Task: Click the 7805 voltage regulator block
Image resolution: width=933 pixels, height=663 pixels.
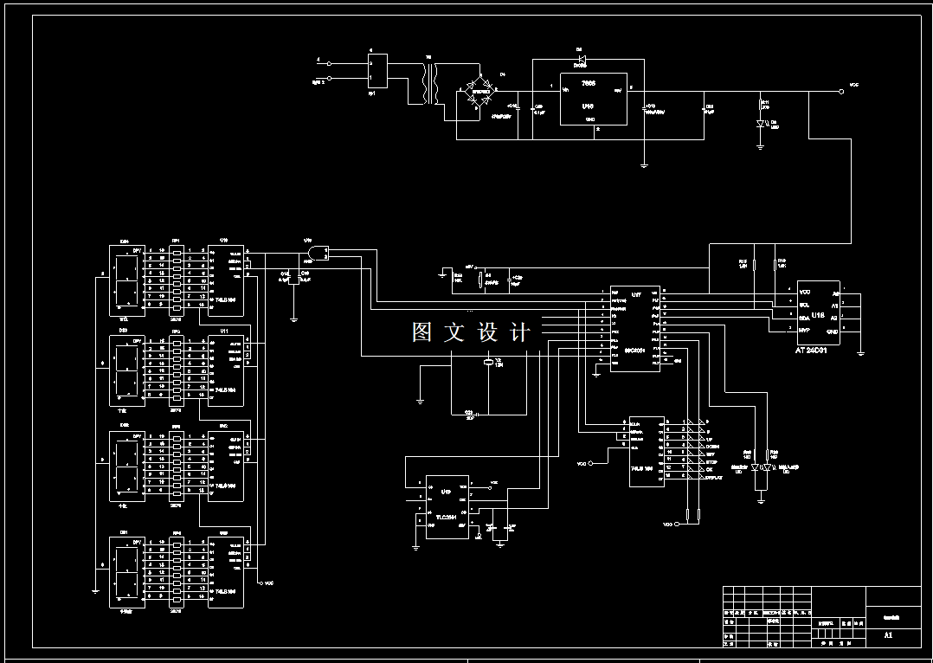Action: [589, 101]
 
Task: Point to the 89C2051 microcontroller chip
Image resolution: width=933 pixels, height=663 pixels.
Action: [635, 329]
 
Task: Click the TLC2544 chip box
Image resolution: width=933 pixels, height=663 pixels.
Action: [446, 506]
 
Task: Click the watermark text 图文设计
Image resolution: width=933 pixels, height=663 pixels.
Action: [470, 333]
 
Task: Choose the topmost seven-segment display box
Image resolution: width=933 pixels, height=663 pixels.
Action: [127, 280]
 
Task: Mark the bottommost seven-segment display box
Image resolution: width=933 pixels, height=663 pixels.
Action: [127, 571]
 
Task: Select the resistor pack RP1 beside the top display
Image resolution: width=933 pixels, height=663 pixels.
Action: [177, 280]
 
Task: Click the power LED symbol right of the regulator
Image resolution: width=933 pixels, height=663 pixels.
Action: [760, 124]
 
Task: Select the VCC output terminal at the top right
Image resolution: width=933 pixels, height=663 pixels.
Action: [841, 90]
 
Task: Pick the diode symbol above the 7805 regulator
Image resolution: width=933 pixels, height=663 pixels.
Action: [581, 60]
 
